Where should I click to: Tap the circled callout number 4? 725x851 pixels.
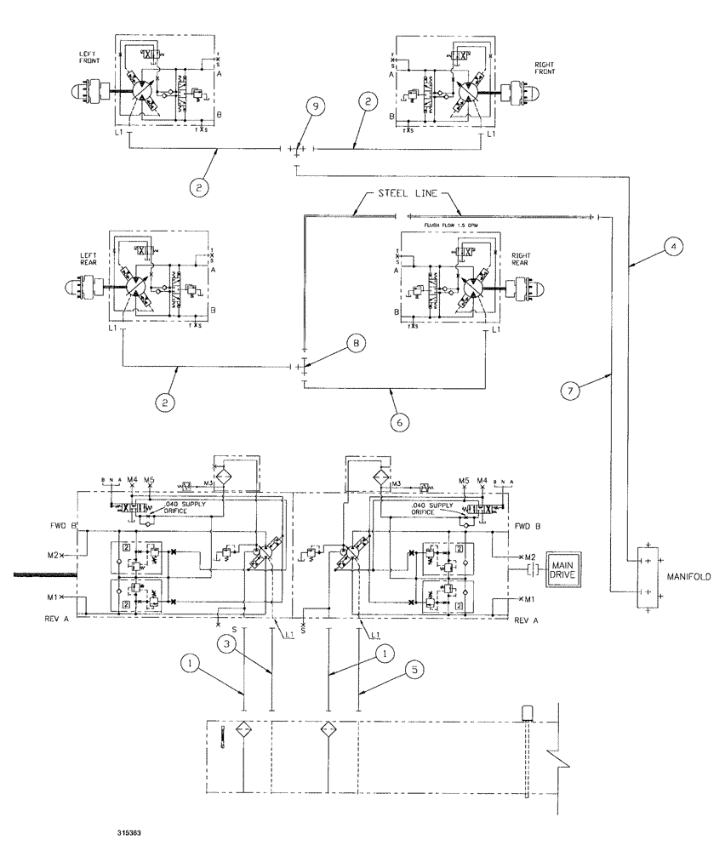673,247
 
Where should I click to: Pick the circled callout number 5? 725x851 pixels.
414,671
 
